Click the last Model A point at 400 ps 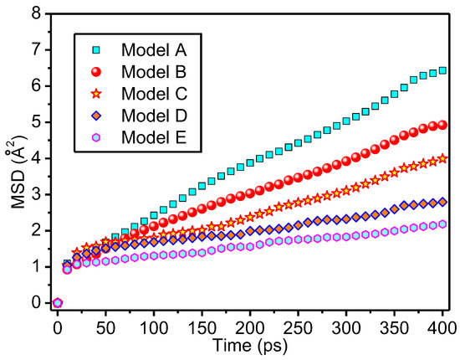point(442,70)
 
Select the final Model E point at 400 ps point(442,224)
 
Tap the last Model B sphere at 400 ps point(442,125)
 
